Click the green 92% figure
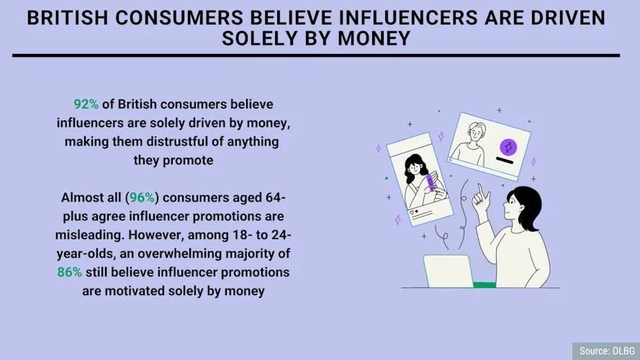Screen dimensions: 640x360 coord(86,104)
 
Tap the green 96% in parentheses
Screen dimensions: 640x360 coord(142,197)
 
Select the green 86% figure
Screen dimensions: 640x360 coord(69,272)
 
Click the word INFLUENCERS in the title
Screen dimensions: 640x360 coord(408,19)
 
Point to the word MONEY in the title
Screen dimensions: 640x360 coord(374,39)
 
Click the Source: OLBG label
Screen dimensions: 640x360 coord(607,351)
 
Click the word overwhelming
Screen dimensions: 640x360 coord(179,253)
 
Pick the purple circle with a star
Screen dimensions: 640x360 coord(508,147)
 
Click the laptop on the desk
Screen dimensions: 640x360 coord(449,271)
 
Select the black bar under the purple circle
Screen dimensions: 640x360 coord(505,161)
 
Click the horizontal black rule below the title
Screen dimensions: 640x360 coord(316,55)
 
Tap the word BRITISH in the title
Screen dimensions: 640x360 coord(68,19)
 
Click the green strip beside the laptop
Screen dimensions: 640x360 coord(484,284)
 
